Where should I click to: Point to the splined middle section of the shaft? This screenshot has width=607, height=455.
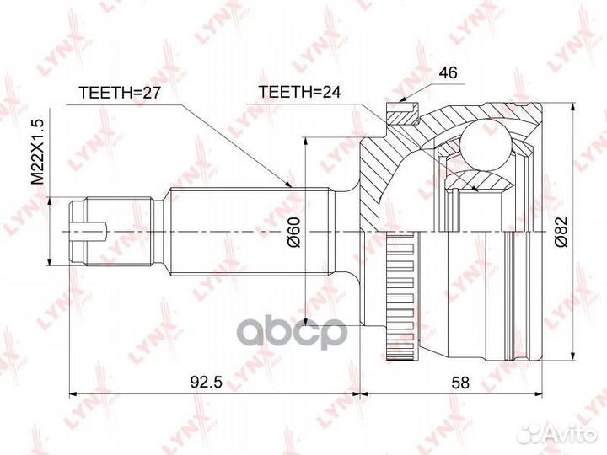click(249, 229)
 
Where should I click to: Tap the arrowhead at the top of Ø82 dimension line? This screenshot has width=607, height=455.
click(574, 110)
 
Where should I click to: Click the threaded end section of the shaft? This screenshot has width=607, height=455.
click(118, 229)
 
